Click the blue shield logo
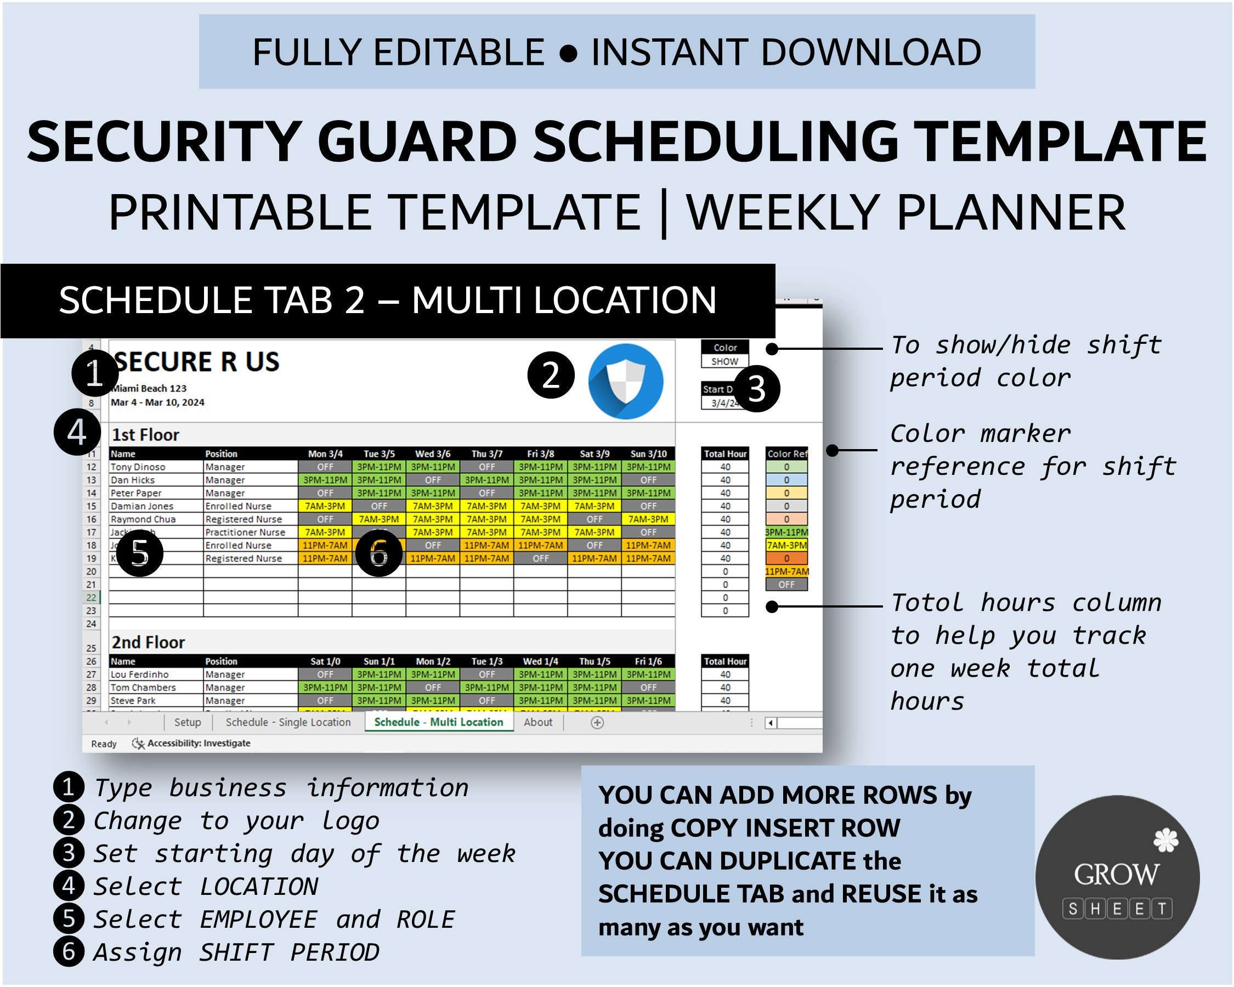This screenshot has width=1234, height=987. (626, 381)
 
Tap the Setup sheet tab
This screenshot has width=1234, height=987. (187, 722)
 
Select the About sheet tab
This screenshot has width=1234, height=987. (538, 722)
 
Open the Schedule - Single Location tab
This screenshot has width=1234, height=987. (288, 722)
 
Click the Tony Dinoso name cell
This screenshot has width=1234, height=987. (138, 467)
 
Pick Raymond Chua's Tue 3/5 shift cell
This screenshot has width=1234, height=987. (379, 519)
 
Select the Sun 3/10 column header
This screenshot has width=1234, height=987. (648, 453)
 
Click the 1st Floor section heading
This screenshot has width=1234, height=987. (145, 435)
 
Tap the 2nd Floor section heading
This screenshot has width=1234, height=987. (148, 643)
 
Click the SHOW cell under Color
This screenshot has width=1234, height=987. (724, 361)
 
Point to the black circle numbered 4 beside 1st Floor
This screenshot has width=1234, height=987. (77, 432)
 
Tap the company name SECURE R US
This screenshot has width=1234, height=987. (197, 362)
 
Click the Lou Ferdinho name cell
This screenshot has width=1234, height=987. (140, 674)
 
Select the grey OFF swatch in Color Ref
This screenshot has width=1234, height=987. (786, 584)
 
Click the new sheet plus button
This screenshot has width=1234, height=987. (597, 723)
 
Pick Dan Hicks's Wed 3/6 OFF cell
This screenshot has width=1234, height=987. (433, 480)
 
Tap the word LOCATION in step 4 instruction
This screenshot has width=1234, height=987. (259, 887)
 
